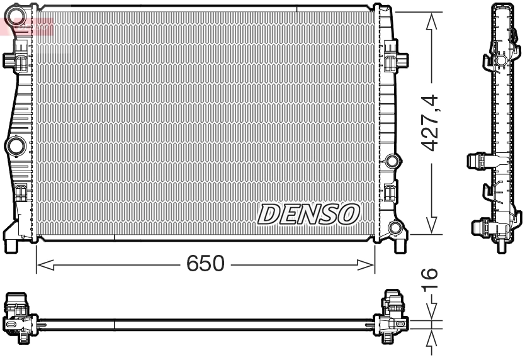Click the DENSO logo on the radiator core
pyautogui.click(x=308, y=215)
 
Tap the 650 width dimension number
pyautogui.click(x=205, y=264)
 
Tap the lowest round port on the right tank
pyautogui.click(x=396, y=228)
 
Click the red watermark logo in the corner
pyautogui.click(x=26, y=26)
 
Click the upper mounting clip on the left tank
pyautogui.click(x=17, y=61)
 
